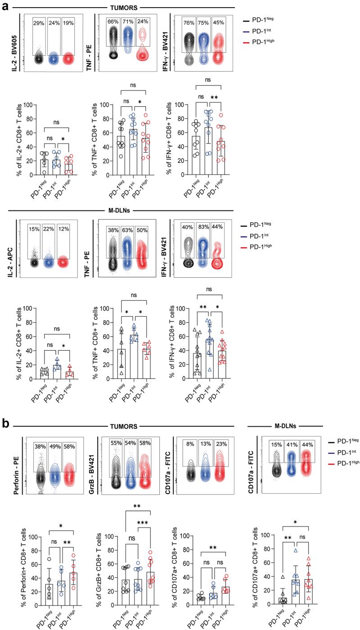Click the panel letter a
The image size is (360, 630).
5,8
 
